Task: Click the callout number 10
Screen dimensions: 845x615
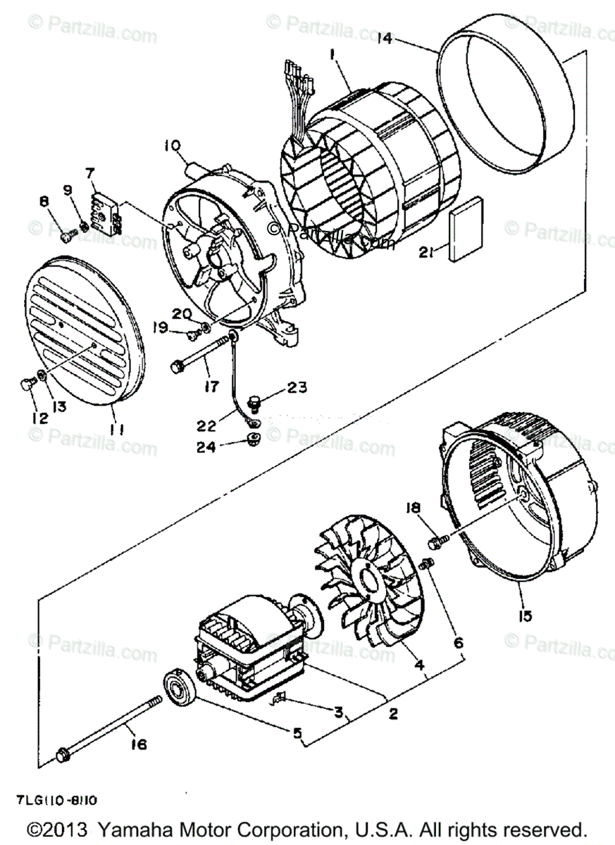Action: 173,146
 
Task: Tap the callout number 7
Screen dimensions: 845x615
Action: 89,173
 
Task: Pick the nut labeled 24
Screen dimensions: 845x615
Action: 252,441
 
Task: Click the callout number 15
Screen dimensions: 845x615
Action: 523,615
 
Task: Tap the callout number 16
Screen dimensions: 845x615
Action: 139,743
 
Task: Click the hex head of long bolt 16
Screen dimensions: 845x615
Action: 63,756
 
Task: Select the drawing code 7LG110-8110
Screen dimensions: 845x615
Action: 58,801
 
